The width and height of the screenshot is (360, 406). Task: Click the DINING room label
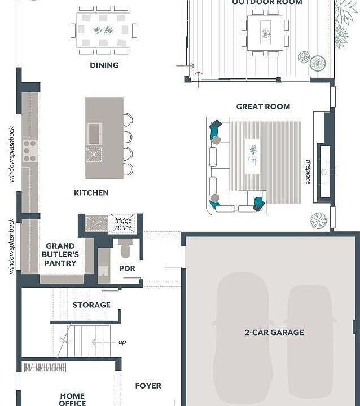[104, 65]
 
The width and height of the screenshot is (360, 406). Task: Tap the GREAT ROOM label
[263, 106]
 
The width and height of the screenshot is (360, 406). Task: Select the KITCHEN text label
[91, 193]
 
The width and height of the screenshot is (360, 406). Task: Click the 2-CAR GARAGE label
[274, 332]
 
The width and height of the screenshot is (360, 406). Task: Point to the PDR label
[127, 268]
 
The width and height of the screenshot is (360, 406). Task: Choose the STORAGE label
[91, 305]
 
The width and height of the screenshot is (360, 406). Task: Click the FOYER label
[148, 386]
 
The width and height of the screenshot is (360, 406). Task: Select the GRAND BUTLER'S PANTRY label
[60, 254]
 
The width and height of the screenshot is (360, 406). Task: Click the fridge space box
[123, 224]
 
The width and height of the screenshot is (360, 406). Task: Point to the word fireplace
[308, 171]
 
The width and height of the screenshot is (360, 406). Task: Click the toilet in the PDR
[126, 248]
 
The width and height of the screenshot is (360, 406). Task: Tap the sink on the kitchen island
[94, 134]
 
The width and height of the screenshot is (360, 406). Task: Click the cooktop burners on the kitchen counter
[29, 151]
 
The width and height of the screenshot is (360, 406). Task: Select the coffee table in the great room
[252, 156]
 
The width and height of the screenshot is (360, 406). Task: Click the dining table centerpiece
[104, 30]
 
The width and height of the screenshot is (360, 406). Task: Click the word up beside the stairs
[122, 342]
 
